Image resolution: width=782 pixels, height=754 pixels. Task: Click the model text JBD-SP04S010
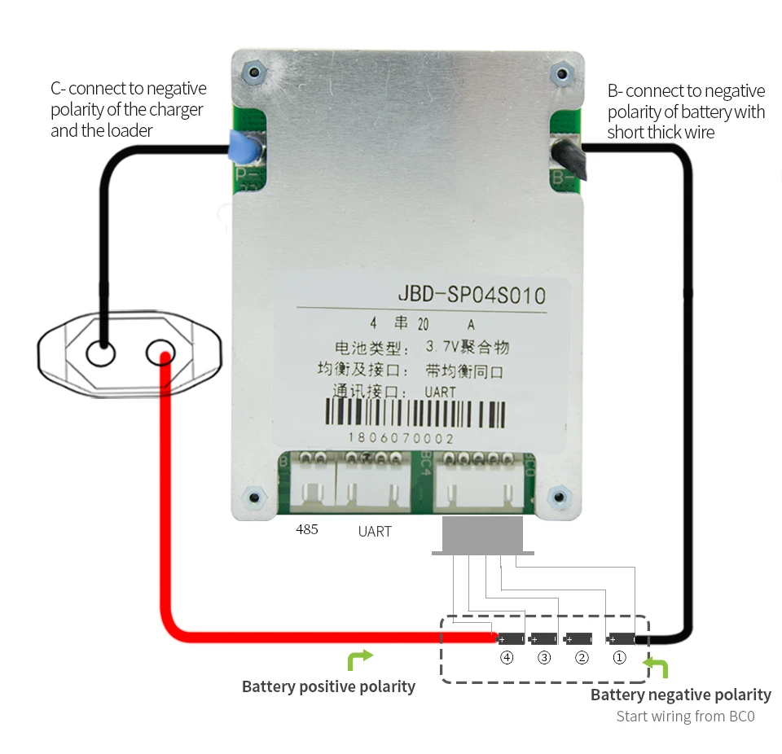pos(471,295)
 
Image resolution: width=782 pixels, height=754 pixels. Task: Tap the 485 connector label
pos(307,529)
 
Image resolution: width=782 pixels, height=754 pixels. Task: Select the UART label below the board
pos(375,532)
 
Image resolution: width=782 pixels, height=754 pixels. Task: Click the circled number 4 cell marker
pos(507,657)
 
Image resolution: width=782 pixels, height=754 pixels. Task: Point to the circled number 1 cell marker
pos(619,657)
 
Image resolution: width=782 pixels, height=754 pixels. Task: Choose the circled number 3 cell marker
pos(544,657)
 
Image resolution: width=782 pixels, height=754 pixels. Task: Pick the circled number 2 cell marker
pos(582,657)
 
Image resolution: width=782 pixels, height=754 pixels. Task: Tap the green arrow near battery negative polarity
pos(656,668)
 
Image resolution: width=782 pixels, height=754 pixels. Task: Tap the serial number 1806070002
pos(401,438)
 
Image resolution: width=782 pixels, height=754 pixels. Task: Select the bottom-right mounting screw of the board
pos(558,497)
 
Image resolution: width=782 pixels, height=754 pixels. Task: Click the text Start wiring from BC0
pos(685,717)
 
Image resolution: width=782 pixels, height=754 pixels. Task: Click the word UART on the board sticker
pos(441,392)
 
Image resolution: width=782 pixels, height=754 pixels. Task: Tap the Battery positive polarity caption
pos(328,686)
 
